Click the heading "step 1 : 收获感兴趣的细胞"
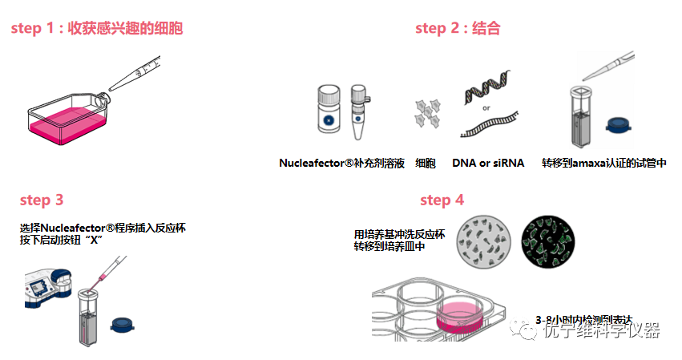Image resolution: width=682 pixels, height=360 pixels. pos(96,29)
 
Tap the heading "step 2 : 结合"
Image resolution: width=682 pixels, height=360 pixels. pos(457,29)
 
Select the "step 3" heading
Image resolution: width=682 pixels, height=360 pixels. pos(41,200)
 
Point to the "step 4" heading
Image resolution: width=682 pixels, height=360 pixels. pos(442,200)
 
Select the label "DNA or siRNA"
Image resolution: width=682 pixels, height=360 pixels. pos(487,163)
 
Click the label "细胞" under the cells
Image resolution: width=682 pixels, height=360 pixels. pos(426,163)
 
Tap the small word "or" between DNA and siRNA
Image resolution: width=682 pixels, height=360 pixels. pos(486,107)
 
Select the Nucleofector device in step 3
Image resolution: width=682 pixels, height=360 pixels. pos(44,289)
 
